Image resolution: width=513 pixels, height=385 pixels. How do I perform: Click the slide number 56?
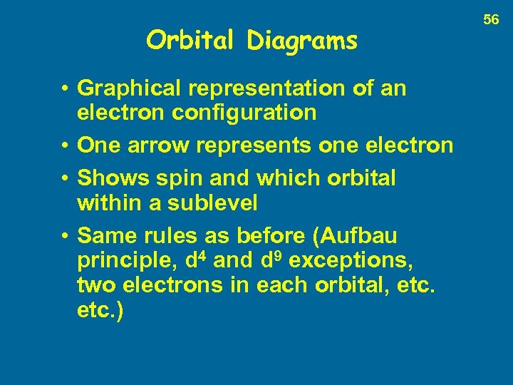tap(492, 20)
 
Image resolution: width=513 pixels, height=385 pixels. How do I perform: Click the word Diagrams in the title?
tap(302, 41)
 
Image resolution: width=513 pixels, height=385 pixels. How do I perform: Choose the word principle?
tap(125, 260)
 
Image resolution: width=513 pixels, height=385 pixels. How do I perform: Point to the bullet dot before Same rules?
tap(65, 236)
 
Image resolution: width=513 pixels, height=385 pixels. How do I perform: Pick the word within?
tap(106, 202)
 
